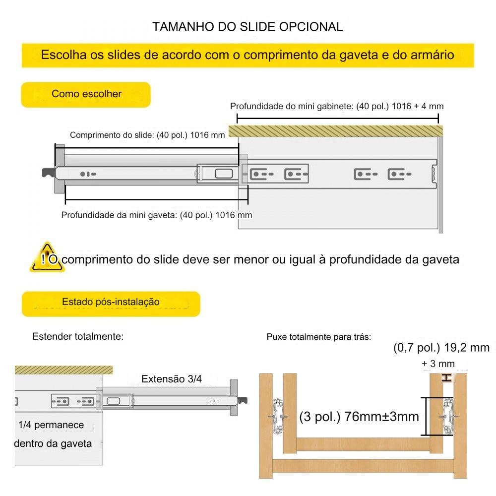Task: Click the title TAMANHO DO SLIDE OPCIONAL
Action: click(248, 27)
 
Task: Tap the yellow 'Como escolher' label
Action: click(86, 94)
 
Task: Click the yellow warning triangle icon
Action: click(47, 258)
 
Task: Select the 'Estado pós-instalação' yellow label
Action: click(111, 302)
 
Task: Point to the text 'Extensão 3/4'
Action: click(172, 379)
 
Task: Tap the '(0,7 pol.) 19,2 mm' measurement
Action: click(441, 348)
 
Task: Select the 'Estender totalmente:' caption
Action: click(78, 337)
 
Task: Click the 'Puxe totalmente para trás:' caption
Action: click(319, 337)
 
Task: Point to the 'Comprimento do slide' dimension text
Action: click(147, 135)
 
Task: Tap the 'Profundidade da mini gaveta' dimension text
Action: click(156, 215)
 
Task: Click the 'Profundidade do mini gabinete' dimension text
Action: click(337, 106)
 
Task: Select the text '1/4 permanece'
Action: click(51, 425)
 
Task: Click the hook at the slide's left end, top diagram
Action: click(49, 173)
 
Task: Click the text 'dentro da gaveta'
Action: click(53, 443)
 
